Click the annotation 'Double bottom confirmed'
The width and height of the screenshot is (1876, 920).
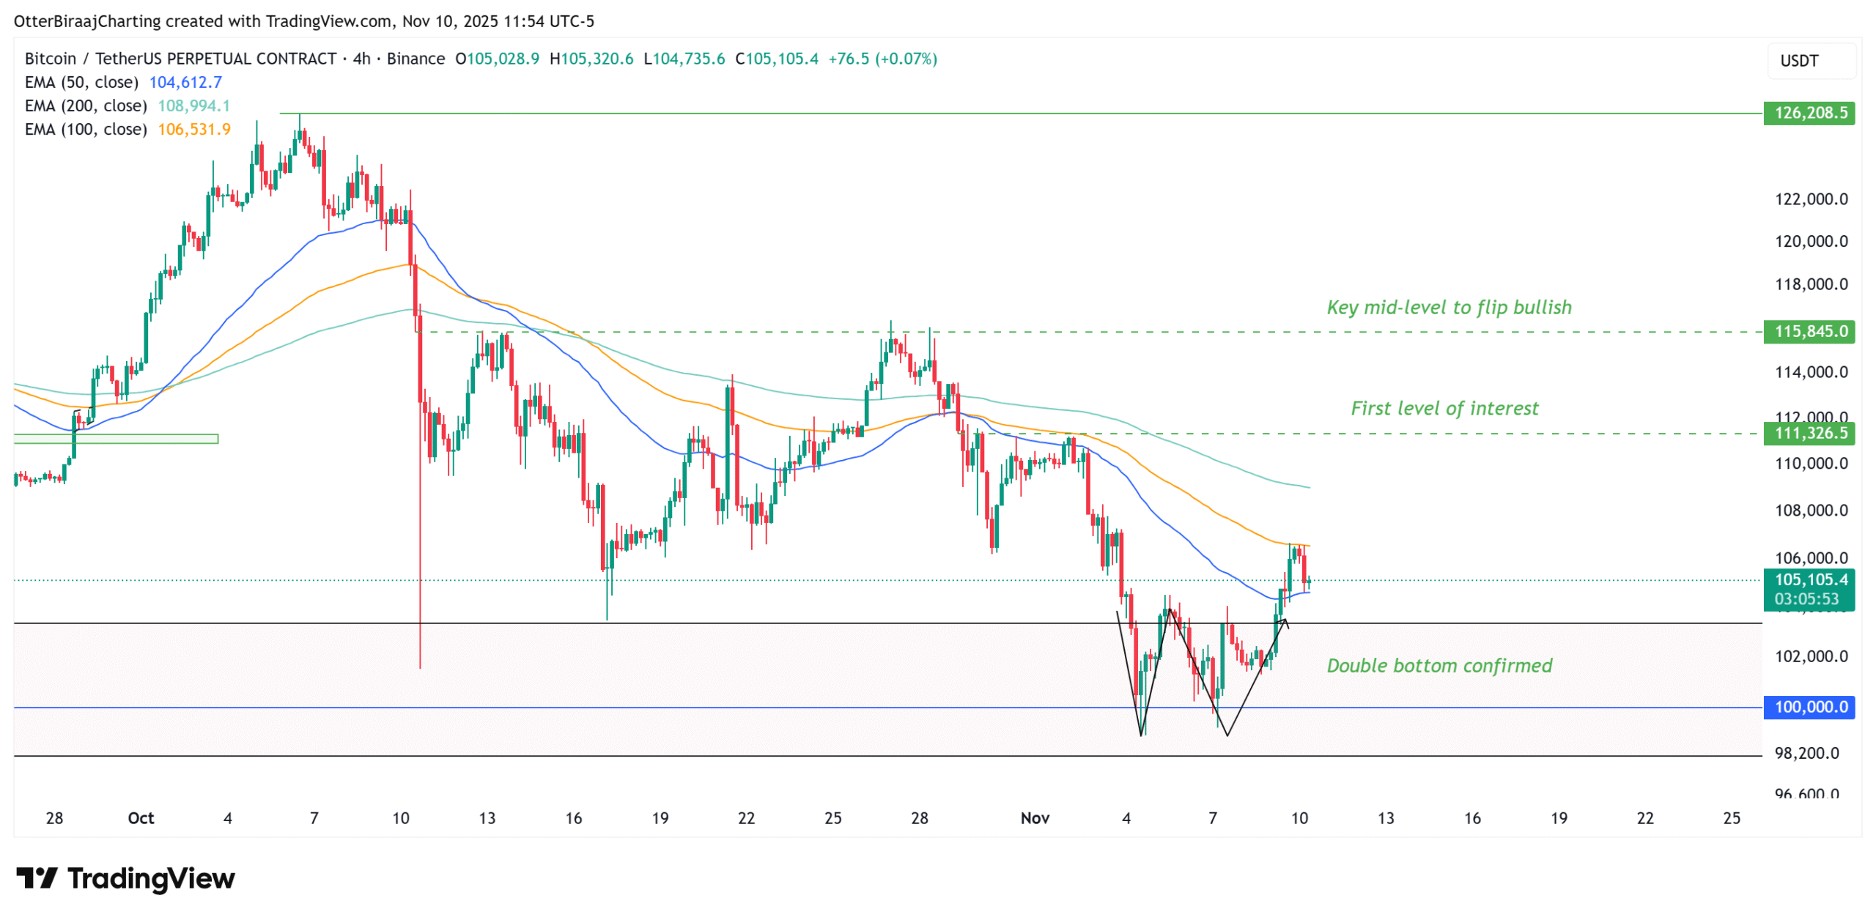[1439, 665]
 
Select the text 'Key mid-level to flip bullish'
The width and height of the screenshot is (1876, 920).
[1448, 307]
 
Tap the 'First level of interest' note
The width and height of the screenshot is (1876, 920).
[1444, 408]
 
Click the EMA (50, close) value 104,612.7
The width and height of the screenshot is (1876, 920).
[185, 82]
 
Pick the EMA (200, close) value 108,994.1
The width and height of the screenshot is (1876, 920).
[193, 105]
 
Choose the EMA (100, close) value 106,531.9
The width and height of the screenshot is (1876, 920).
[193, 129]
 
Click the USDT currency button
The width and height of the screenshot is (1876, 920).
[1798, 61]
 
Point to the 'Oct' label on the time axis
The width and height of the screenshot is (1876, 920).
[141, 817]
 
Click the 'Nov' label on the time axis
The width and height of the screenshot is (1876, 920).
[1034, 817]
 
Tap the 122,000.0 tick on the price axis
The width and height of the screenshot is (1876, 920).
[1810, 199]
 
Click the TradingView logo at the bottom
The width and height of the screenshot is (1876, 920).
[125, 878]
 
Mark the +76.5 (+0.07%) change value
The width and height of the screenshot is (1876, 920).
[882, 59]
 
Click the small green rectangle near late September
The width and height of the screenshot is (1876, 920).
[116, 439]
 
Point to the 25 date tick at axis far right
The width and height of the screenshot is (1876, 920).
[1730, 817]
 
